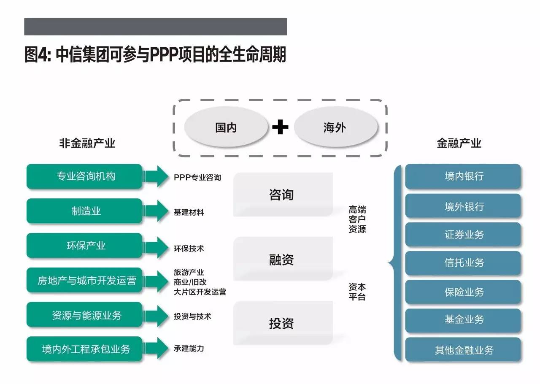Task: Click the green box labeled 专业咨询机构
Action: pos(84,176)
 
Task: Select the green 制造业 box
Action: pos(84,211)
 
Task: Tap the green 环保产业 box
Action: pos(84,246)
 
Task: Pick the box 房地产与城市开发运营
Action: pos(84,280)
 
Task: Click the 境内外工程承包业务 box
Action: pos(84,349)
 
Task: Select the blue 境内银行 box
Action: pos(463,176)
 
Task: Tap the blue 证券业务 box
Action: pos(463,235)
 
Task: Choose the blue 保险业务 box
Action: pos(463,292)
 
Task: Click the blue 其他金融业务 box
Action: pos(463,350)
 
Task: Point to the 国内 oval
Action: pos(226,127)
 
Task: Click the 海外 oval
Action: pos(335,127)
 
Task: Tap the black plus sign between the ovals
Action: pos(280,127)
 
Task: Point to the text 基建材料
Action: pos(189,212)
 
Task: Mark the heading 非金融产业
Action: pos(87,143)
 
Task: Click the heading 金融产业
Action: pos(459,143)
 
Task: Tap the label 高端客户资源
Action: pos(357,219)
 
